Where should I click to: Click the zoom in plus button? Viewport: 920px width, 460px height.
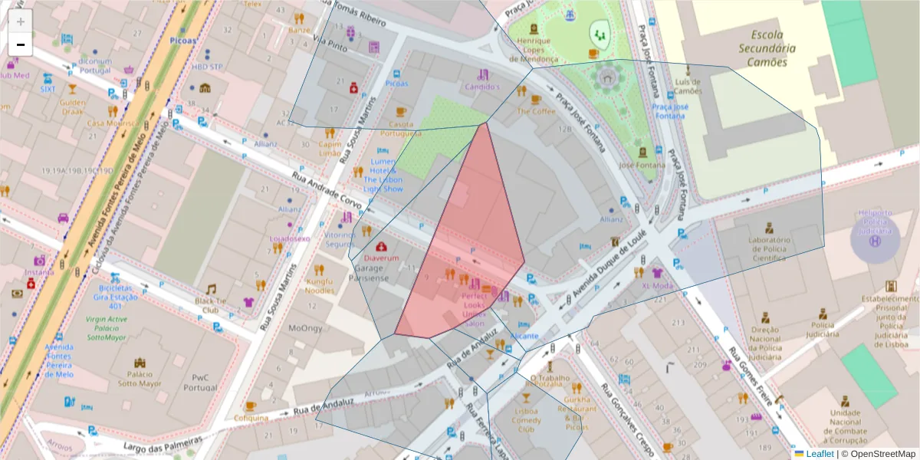pyautogui.click(x=21, y=21)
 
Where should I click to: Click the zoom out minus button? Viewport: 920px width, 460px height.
pyautogui.click(x=21, y=44)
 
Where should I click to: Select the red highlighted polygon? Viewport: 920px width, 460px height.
pyautogui.click(x=468, y=245)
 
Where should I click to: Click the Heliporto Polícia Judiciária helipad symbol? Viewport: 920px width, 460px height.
pyautogui.click(x=874, y=241)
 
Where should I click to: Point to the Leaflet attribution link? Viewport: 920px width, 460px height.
pyautogui.click(x=820, y=454)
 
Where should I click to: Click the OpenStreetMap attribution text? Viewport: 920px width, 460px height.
pyautogui.click(x=881, y=454)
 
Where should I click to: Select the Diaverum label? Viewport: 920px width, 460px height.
pyautogui.click(x=381, y=258)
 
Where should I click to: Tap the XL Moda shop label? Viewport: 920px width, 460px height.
pyautogui.click(x=656, y=286)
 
